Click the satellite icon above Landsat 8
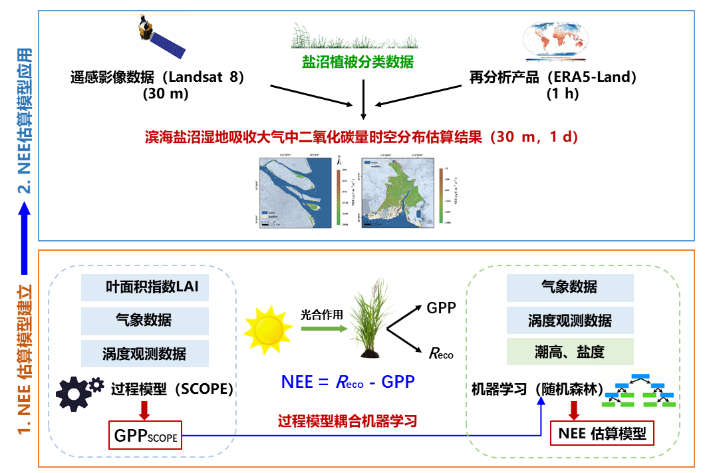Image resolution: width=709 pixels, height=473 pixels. [160, 41]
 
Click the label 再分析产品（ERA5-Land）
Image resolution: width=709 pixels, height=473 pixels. [553, 77]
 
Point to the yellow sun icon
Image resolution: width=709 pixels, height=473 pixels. [268, 329]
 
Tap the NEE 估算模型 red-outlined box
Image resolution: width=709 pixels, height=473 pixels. [602, 434]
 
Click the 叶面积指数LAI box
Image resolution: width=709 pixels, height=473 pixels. [144, 288]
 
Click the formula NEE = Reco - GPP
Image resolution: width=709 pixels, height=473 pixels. [347, 382]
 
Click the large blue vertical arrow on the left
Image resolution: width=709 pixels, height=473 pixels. [25, 239]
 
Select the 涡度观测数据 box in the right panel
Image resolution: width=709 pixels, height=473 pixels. [569, 320]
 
